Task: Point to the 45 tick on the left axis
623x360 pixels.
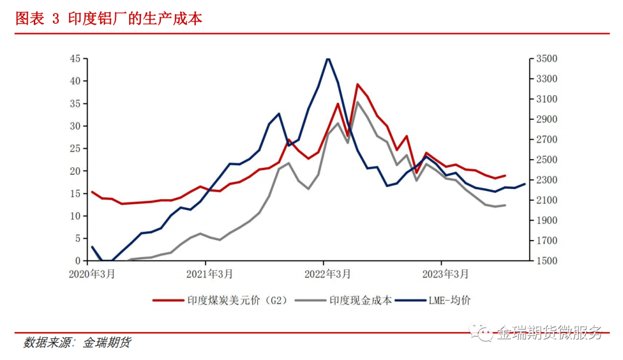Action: tap(75, 59)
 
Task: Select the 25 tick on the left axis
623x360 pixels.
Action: tap(75, 149)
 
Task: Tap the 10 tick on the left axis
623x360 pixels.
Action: tap(75, 216)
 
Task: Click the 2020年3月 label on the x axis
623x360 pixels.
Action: tap(92, 274)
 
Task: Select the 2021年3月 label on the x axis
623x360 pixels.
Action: tap(209, 274)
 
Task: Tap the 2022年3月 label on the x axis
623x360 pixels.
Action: tap(328, 274)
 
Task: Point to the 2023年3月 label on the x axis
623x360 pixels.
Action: tap(445, 274)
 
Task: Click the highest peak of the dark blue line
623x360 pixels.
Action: tap(328, 58)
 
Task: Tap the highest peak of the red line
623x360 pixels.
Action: tap(358, 84)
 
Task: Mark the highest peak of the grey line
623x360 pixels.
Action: tap(358, 102)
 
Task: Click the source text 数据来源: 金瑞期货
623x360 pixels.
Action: tap(77, 343)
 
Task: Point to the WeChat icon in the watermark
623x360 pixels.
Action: tap(481, 332)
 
